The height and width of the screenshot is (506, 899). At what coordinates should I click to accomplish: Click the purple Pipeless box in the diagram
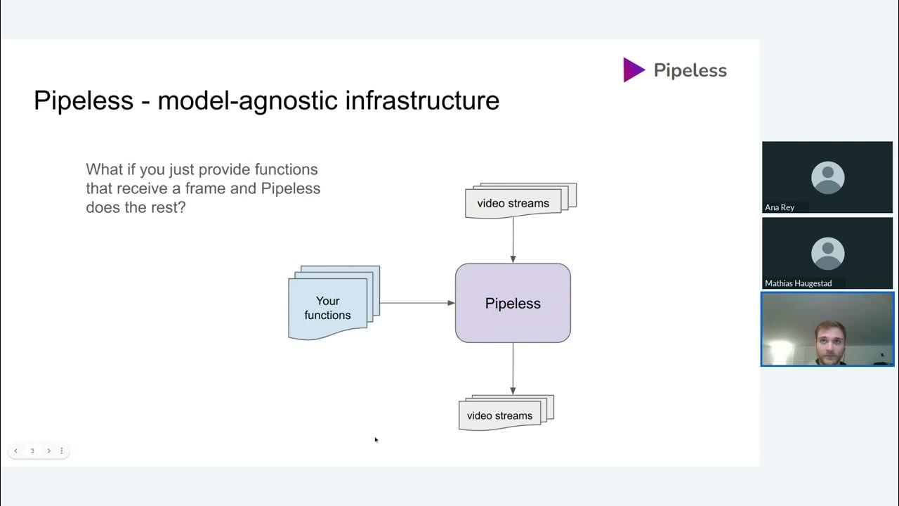pyautogui.click(x=513, y=303)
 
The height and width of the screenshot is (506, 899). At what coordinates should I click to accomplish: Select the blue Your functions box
pyautogui.click(x=328, y=308)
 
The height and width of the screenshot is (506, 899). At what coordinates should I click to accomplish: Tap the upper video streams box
pyautogui.click(x=513, y=203)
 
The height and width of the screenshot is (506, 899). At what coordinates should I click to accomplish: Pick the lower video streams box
pyautogui.click(x=499, y=415)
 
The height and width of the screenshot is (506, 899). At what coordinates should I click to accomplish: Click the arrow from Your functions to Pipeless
pyautogui.click(x=417, y=303)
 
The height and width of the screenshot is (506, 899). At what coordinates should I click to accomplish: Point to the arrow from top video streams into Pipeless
pyautogui.click(x=513, y=240)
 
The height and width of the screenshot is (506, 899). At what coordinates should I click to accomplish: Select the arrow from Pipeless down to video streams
pyautogui.click(x=513, y=369)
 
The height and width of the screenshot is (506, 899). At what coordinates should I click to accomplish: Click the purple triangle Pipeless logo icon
pyautogui.click(x=633, y=70)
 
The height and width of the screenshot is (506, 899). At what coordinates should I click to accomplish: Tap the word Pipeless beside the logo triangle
pyautogui.click(x=690, y=70)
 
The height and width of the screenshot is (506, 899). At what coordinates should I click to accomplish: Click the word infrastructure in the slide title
pyautogui.click(x=422, y=100)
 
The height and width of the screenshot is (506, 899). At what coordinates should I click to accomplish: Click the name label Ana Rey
pyautogui.click(x=780, y=207)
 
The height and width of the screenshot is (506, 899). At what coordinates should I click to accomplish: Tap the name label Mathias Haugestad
pyautogui.click(x=798, y=283)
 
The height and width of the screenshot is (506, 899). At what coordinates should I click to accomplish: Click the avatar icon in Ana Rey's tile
pyautogui.click(x=827, y=177)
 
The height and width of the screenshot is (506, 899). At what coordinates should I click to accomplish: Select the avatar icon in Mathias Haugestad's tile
pyautogui.click(x=827, y=253)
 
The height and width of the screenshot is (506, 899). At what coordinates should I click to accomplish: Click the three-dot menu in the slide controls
pyautogui.click(x=62, y=450)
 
